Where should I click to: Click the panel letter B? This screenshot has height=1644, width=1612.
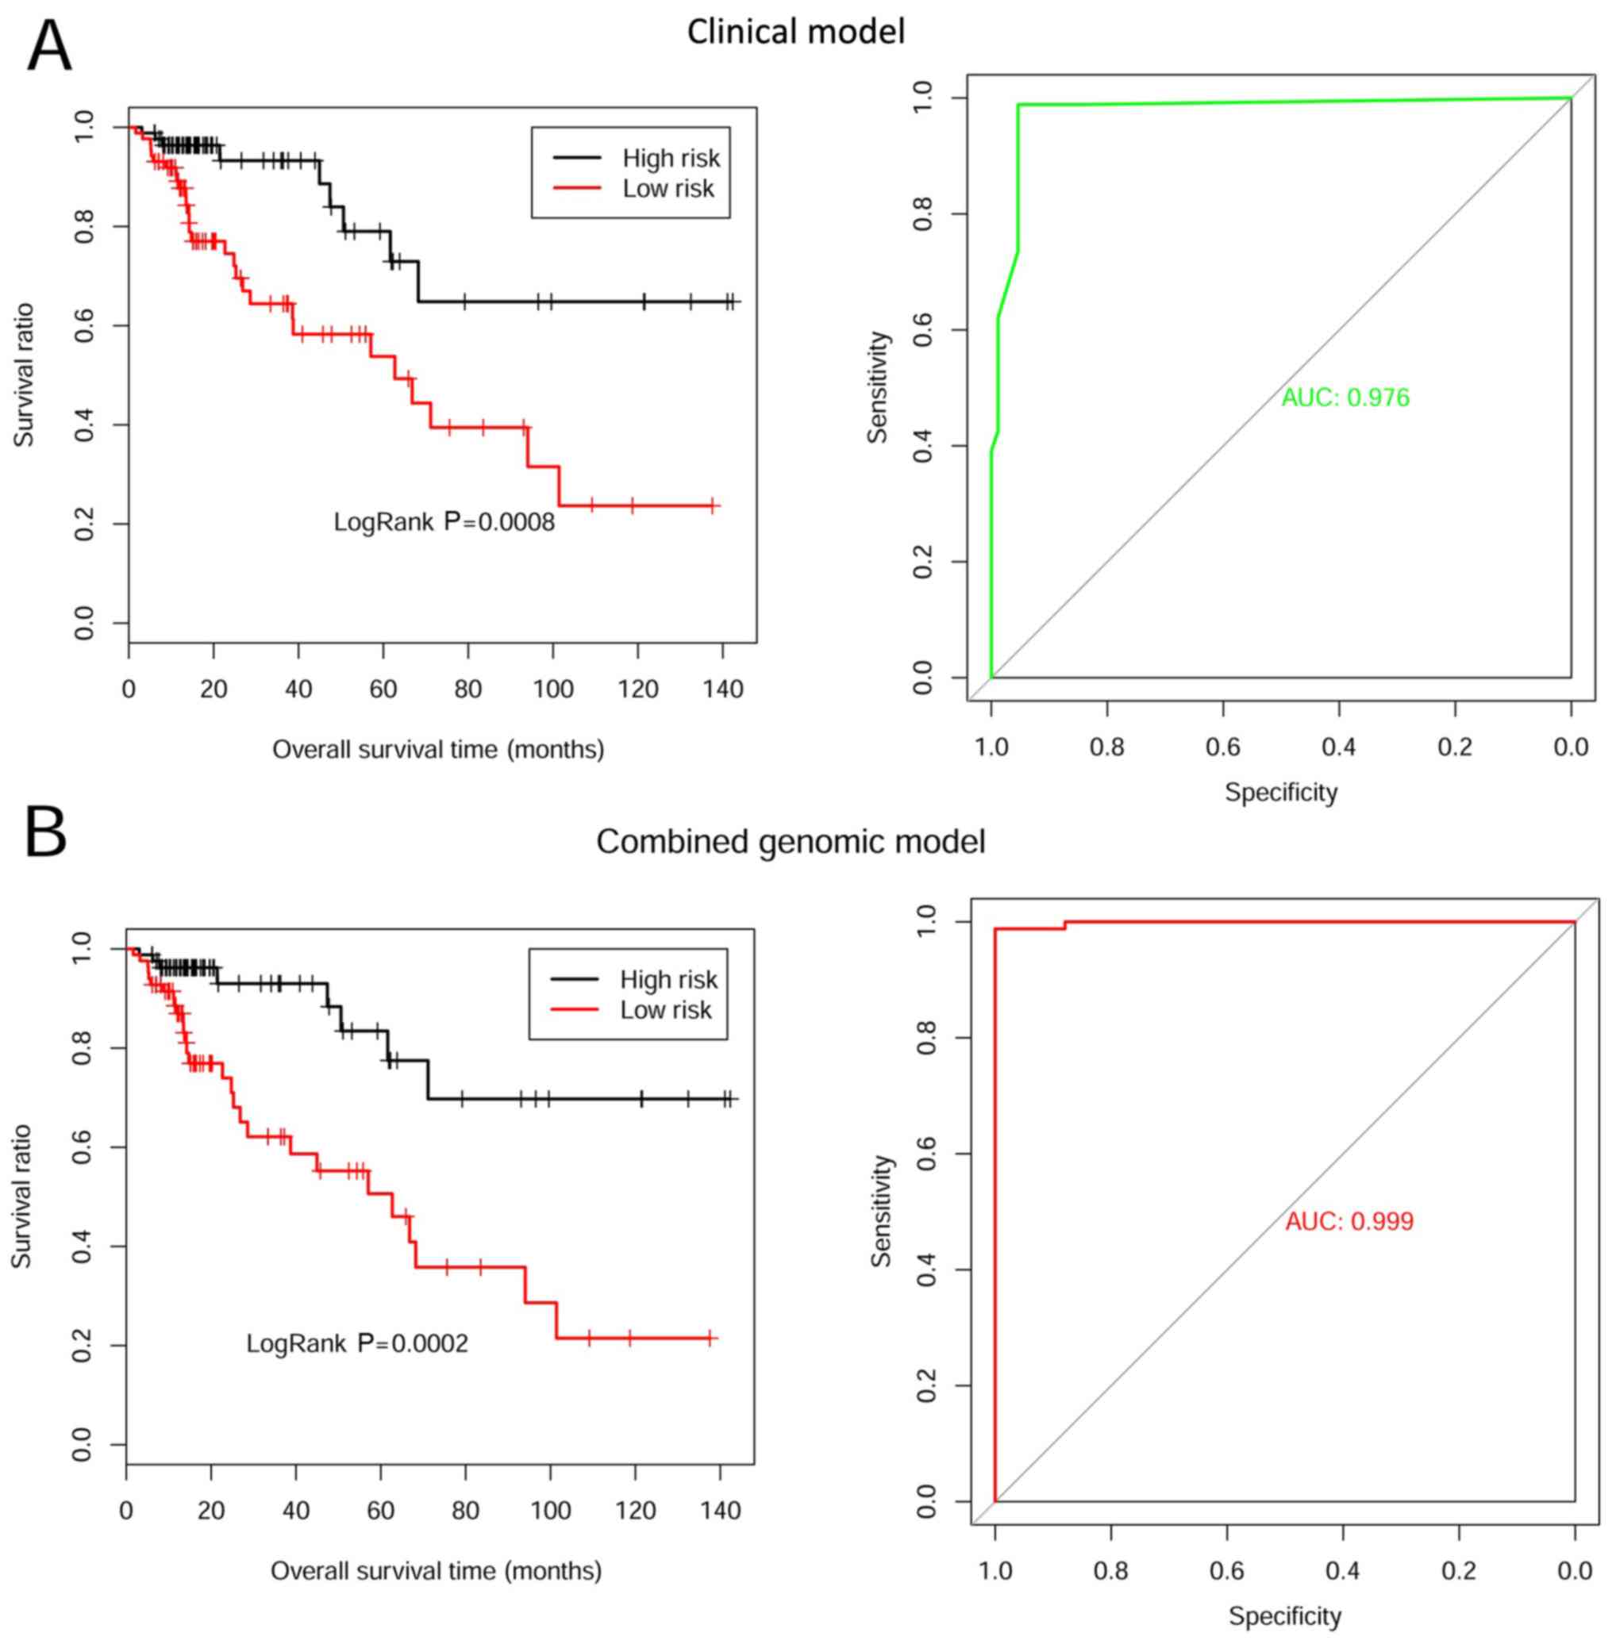coord(47,832)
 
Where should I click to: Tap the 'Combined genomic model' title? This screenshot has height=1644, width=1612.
coord(791,842)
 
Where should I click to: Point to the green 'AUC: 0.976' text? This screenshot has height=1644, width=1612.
coord(1345,397)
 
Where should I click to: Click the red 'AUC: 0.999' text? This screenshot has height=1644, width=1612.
coord(1349,1222)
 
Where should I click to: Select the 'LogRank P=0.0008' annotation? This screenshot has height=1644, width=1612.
coord(444,522)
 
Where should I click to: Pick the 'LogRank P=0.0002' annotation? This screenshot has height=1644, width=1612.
coord(357,1342)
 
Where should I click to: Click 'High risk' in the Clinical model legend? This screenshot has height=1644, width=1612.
coord(671,159)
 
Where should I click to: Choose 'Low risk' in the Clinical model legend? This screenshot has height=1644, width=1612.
coord(668,188)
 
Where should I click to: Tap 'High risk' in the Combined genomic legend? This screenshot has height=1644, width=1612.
coord(668,979)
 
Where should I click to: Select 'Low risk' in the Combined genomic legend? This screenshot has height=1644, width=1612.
coord(665,1009)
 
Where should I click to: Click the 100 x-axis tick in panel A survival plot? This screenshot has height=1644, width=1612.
coord(553,689)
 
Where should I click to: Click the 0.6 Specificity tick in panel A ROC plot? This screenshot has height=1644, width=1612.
coord(1222,747)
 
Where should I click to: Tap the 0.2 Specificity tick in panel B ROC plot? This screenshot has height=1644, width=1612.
coord(1458,1571)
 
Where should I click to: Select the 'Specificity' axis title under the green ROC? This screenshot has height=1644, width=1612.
coord(1281,793)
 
